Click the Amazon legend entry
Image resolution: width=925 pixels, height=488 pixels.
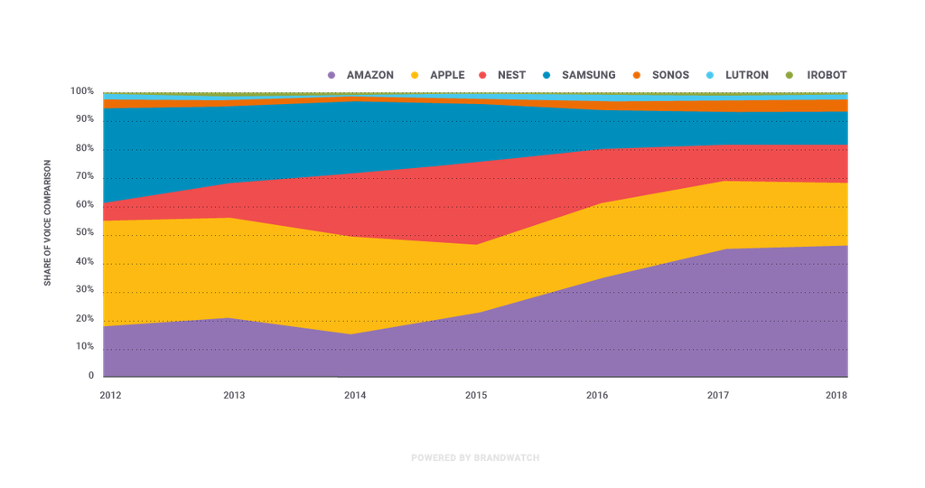[x=361, y=75]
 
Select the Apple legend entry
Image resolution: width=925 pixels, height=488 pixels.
[x=439, y=75]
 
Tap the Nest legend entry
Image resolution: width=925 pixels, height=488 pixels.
[x=502, y=75]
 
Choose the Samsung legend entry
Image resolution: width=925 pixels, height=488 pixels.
[x=580, y=75]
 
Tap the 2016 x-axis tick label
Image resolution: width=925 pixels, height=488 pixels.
[x=597, y=395]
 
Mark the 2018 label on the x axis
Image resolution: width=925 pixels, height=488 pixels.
[x=837, y=395]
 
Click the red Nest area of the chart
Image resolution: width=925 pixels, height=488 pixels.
[x=406, y=203]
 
